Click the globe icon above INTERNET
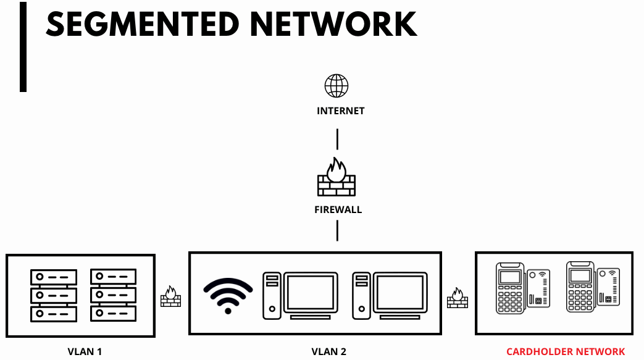pos(337,86)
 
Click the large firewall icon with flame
pos(337,178)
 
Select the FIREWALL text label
pos(338,209)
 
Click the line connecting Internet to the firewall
pos(337,139)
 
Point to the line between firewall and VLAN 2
pos(337,230)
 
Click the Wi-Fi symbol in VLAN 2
pos(228,295)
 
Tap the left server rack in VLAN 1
pos(54,295)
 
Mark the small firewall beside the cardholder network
pos(458,297)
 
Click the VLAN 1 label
pos(85,352)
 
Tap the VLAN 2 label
pos(328,352)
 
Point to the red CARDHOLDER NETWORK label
pos(566,352)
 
